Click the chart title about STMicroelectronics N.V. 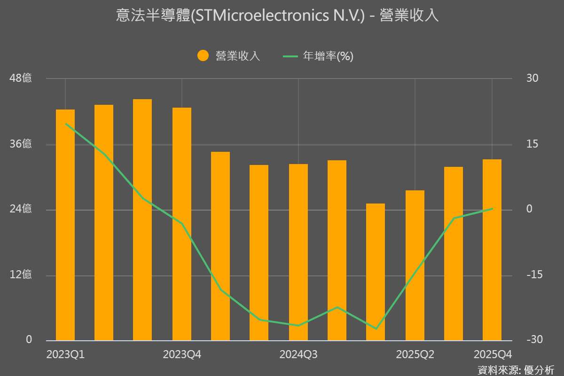277,16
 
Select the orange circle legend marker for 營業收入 203,56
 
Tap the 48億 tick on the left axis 21,78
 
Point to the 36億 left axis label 21,144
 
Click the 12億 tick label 21,274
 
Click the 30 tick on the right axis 532,78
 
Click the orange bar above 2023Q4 182,224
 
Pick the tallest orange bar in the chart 142,219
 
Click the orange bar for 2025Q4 492,250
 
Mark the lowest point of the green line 376,329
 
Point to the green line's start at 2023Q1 65,124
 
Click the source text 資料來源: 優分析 516,369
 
